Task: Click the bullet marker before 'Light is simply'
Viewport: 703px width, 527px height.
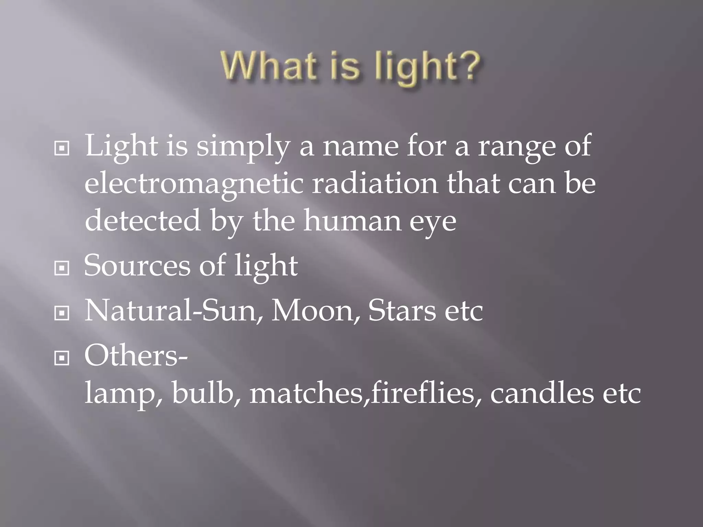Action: [x=62, y=149]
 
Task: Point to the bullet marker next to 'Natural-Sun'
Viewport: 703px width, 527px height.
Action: [x=62, y=313]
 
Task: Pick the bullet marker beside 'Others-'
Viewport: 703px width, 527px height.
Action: [x=62, y=359]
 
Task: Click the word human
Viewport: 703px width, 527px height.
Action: [x=352, y=220]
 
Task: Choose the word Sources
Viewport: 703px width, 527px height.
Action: [x=137, y=266]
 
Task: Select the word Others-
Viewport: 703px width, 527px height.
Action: [x=136, y=356]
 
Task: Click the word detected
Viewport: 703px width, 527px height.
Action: [x=142, y=220]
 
